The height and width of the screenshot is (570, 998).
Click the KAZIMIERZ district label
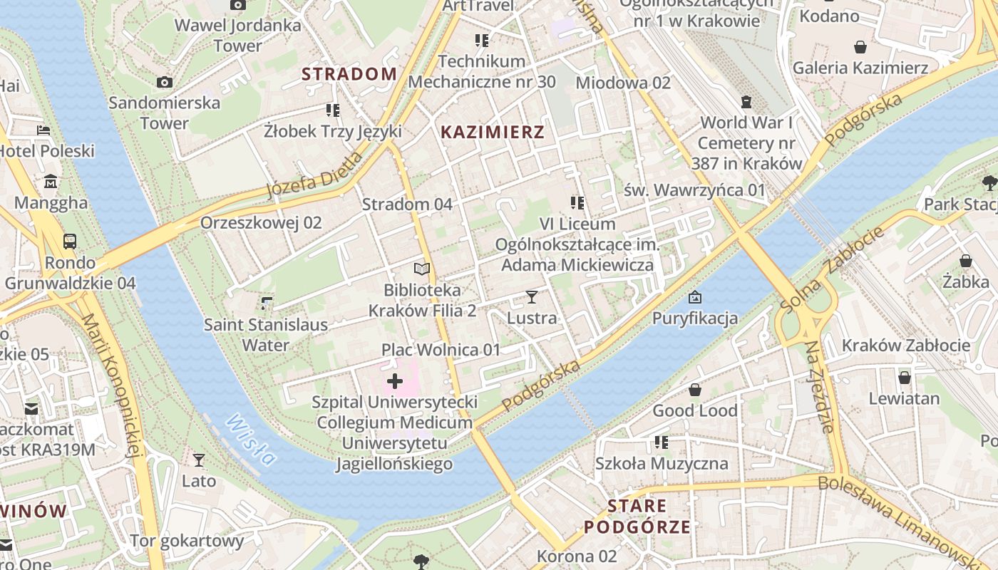click(x=492, y=132)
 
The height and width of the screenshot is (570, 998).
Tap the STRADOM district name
click(x=349, y=74)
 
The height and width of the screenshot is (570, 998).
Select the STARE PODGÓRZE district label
click(x=637, y=517)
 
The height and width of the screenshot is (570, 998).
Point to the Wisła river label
click(x=250, y=440)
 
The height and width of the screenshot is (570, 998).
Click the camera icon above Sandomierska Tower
click(x=165, y=83)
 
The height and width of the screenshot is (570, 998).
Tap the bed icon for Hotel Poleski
click(x=43, y=130)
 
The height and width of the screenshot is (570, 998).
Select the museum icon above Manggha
click(x=51, y=182)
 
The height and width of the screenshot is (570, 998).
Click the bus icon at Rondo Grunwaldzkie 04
click(x=70, y=242)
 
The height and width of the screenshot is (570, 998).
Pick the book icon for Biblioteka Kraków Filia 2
click(x=422, y=269)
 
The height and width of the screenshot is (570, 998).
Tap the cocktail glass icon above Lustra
click(x=531, y=296)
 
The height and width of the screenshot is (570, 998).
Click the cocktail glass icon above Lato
click(x=199, y=460)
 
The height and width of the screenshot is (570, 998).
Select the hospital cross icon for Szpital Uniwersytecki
click(x=394, y=381)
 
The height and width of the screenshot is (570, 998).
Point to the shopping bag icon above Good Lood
click(x=694, y=390)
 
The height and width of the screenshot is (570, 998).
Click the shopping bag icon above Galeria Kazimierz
click(x=860, y=47)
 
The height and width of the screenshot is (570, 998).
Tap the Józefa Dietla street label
click(x=314, y=175)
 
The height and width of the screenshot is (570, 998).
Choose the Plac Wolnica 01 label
click(x=441, y=350)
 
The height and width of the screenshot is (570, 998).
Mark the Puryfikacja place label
click(x=694, y=318)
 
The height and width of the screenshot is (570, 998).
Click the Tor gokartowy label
click(x=186, y=541)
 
